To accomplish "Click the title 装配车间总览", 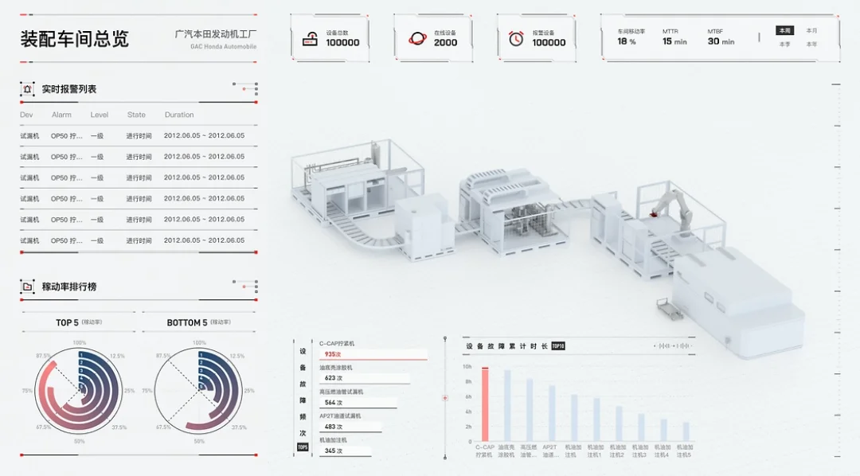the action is [x=74, y=38].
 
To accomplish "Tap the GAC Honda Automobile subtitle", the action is [x=223, y=46].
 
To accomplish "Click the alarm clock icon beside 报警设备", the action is [x=516, y=38].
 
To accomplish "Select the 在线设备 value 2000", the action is [x=445, y=43].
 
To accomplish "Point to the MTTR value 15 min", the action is [x=674, y=41].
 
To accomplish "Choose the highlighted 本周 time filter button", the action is [x=785, y=31].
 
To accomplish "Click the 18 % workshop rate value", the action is [x=627, y=41].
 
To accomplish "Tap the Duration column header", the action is [x=179, y=115].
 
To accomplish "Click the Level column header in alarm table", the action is [x=99, y=115].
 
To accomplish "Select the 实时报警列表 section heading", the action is [x=68, y=89].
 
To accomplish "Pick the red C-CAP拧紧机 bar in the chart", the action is [x=485, y=404].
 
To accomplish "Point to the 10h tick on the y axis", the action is [x=467, y=367].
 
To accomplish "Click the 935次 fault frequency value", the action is [x=333, y=354].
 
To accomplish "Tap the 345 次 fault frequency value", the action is [x=333, y=451].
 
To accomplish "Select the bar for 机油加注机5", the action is [x=686, y=431].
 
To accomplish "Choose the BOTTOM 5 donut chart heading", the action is [x=187, y=322].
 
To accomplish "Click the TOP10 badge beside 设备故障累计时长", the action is [x=557, y=346].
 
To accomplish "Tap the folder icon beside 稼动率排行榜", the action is [x=27, y=287].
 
